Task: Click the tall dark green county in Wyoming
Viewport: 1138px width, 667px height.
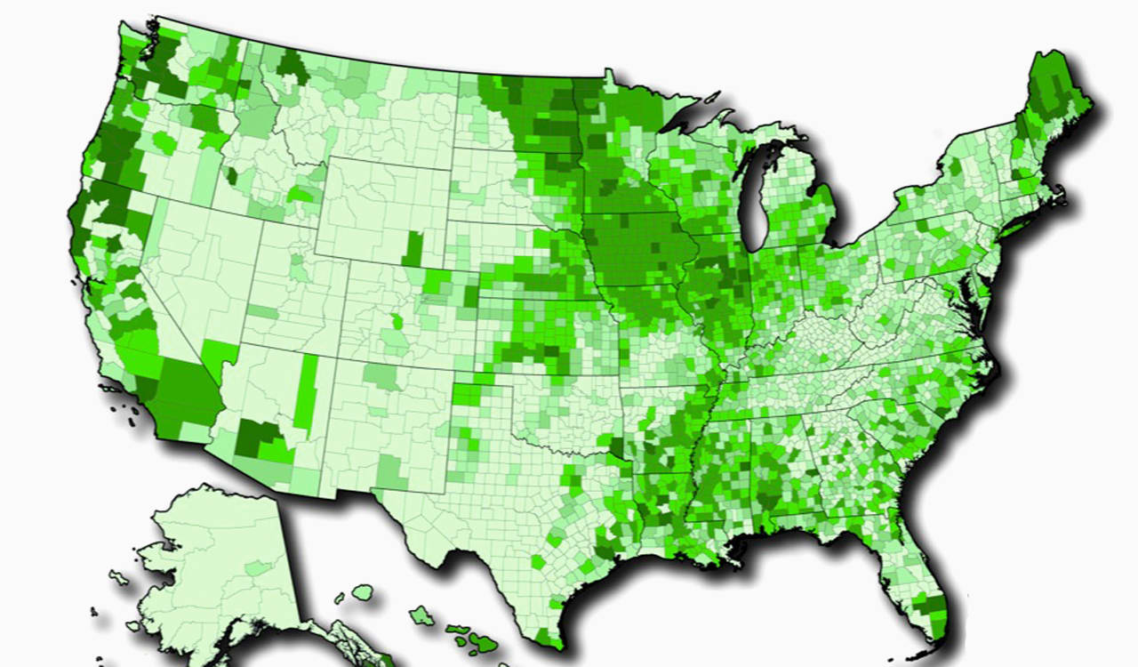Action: pos(413,248)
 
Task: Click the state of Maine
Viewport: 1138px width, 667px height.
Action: pos(1054,107)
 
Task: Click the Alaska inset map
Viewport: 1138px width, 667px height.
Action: pos(213,569)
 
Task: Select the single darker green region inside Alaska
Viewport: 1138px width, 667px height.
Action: pos(259,567)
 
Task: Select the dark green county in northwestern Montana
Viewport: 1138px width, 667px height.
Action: pos(292,67)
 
